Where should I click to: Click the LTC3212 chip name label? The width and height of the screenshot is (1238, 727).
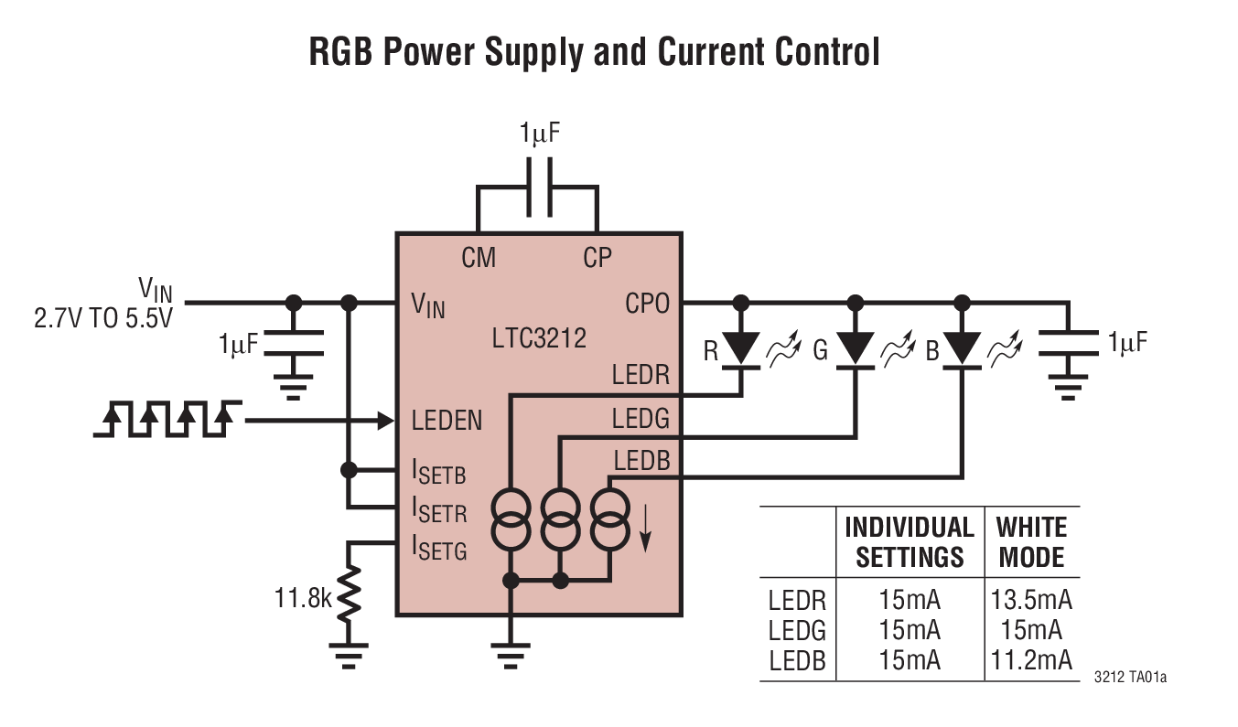(x=539, y=338)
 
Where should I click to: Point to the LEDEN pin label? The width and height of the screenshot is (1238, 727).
(x=447, y=421)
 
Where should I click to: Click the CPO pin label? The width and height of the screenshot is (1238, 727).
(x=647, y=303)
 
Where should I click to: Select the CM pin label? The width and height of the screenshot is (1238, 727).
(x=478, y=259)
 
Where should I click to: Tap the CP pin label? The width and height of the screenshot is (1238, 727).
(x=597, y=259)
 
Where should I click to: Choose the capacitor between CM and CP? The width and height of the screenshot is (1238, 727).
(x=538, y=187)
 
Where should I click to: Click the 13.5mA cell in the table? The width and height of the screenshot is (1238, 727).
(x=1031, y=601)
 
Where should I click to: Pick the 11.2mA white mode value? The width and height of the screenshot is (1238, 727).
(x=1031, y=660)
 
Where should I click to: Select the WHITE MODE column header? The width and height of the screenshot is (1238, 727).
(x=1031, y=541)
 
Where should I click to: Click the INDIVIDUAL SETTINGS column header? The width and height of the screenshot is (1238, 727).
(x=910, y=541)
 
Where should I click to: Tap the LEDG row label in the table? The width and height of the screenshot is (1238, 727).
(x=797, y=631)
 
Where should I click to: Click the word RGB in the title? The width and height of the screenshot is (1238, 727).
(x=341, y=52)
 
